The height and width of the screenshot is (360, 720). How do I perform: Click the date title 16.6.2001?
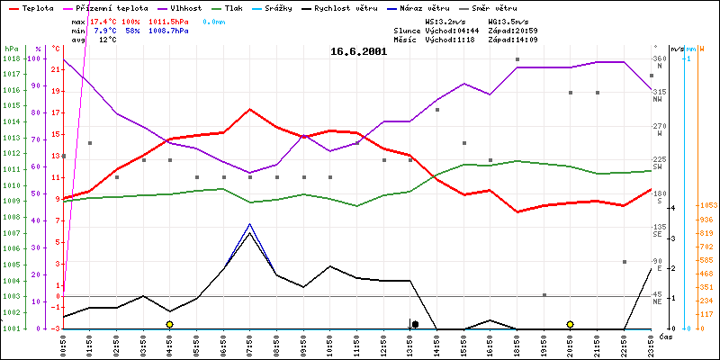coord(358,52)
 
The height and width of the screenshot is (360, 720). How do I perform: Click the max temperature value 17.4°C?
coord(104,19)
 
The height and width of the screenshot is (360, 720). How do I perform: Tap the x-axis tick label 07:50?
coord(250,343)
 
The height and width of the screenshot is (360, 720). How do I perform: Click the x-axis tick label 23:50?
coord(651,343)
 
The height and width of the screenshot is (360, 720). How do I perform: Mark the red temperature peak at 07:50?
coord(250,109)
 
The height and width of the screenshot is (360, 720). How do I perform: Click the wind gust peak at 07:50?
coord(250,223)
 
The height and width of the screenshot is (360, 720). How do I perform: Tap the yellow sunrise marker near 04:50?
coord(169,324)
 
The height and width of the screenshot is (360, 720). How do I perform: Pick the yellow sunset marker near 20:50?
coord(570,324)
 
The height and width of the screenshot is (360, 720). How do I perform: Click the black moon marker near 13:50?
coord(415,324)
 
